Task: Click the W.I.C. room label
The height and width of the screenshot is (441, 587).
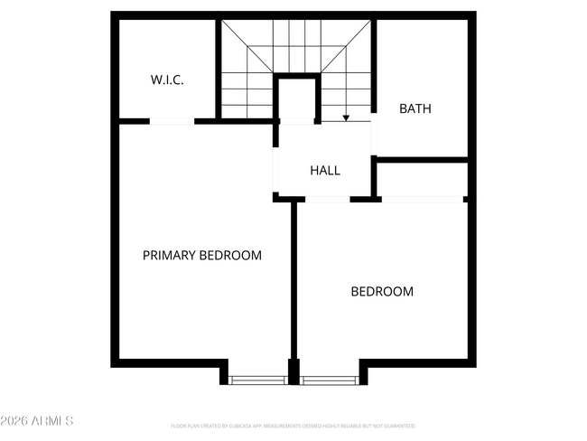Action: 167,80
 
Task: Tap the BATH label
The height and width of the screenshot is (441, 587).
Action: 415,109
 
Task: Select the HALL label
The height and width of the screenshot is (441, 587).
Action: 325,170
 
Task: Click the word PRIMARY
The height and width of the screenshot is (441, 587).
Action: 169,256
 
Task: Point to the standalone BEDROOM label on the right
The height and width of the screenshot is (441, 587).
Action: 382,292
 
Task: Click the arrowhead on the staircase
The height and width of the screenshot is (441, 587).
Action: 346,117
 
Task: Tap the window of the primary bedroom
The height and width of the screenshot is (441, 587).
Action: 257,380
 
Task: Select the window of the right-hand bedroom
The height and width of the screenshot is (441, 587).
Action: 330,380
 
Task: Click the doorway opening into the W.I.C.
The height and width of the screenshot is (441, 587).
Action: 172,121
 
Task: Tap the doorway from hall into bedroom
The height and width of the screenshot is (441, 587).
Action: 327,198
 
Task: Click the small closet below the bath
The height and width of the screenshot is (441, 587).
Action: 423,179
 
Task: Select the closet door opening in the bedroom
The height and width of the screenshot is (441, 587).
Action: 423,199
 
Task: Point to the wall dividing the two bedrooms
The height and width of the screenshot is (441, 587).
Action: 293,280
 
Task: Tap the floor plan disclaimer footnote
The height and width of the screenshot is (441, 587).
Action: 293,426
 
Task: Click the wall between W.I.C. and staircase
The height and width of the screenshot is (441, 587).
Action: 218,69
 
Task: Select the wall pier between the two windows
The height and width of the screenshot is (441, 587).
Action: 293,371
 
